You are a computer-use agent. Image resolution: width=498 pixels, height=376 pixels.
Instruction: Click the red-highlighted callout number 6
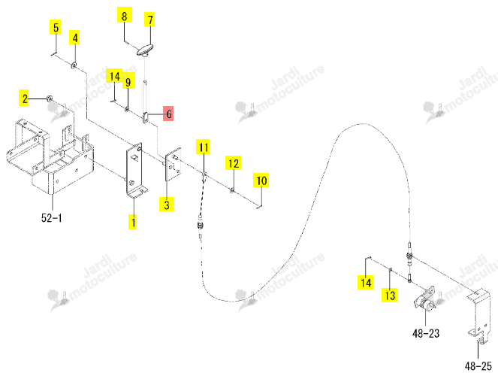coord(169,114)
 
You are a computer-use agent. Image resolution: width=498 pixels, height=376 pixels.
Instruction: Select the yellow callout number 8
coord(124,15)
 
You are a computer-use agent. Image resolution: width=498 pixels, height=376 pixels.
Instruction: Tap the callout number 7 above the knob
coord(150,20)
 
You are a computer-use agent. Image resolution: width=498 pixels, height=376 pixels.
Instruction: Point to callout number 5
coord(56,27)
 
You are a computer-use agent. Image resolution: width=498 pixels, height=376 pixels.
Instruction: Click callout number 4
coord(74,38)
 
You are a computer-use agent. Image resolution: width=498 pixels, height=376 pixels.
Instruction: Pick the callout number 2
coord(24,99)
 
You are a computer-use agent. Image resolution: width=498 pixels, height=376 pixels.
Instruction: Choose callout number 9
coord(128,82)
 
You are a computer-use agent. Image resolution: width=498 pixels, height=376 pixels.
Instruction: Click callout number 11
coord(204,147)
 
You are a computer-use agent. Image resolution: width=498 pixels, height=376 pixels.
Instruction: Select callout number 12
coord(234,163)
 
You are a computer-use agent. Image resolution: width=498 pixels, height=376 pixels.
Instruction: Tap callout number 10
coord(261,180)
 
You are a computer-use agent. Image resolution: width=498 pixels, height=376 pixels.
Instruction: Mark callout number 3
coord(167,204)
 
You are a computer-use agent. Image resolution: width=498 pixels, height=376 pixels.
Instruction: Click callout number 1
coord(133,222)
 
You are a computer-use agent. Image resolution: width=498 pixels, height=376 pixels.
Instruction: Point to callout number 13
coord(390,295)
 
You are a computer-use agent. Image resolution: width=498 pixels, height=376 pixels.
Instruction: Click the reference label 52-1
coord(51,218)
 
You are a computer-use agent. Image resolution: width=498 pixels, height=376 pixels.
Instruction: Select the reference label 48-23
coord(426,333)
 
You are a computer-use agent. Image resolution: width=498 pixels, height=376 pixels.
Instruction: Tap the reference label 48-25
coord(478,365)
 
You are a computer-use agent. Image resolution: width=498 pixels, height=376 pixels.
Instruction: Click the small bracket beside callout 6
coord(146,117)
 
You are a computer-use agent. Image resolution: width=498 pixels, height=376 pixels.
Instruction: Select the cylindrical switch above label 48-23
coord(424,300)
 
